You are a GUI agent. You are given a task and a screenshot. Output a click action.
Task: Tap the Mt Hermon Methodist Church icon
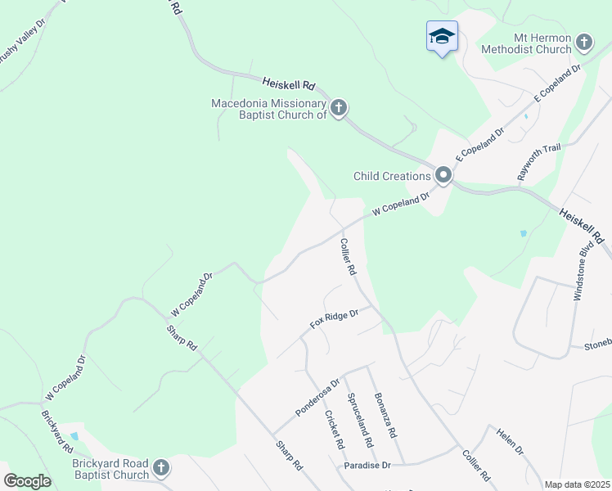(x=583, y=43)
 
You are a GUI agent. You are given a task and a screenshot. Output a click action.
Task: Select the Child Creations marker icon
(x=443, y=176)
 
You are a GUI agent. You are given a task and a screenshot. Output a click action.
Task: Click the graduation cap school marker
(x=442, y=37)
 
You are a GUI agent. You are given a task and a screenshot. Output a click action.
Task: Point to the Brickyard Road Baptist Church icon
(x=161, y=468)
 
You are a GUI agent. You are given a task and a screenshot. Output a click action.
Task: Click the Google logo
(x=28, y=481)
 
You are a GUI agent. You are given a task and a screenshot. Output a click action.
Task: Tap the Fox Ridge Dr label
(x=334, y=318)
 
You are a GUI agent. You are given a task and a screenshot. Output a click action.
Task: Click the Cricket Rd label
(x=333, y=429)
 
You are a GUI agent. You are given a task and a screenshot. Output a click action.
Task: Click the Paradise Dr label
(x=367, y=465)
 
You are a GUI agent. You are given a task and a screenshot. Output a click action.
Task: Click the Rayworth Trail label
(x=538, y=161)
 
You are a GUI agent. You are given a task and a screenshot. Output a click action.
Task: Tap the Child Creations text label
(x=392, y=176)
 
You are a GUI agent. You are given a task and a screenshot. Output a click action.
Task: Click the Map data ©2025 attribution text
(x=577, y=484)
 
